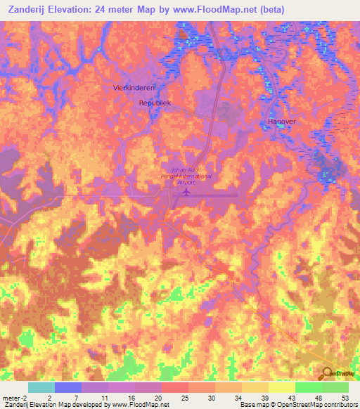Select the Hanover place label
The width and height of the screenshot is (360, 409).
[x=281, y=122]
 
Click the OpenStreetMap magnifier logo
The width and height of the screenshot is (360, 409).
[x=328, y=375]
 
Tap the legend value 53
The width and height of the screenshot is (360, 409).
[x=346, y=397]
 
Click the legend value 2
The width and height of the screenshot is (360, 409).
[x=49, y=397]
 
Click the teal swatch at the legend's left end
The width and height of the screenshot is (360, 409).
[x=41, y=387]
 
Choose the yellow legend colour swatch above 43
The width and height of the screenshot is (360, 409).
[x=281, y=387]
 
